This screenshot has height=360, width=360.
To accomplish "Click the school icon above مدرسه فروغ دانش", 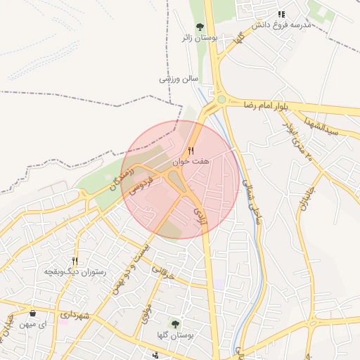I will pyautogui.click(x=281, y=13).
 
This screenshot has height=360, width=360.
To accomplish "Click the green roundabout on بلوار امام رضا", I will pyautogui.click(x=221, y=99).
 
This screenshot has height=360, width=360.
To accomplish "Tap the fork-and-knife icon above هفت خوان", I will pyautogui.click(x=190, y=150).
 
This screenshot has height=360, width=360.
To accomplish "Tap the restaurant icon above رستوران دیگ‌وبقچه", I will pyautogui.click(x=75, y=261).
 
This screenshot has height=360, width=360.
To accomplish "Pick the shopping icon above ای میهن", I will pyautogui.click(x=32, y=314).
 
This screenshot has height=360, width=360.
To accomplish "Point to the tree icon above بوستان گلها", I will pyautogui.click(x=174, y=323).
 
